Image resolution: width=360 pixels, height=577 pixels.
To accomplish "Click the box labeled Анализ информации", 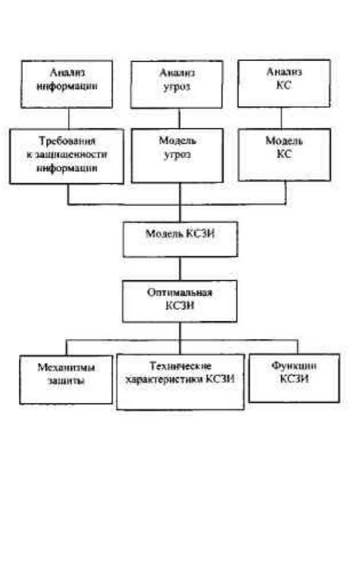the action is click(67, 84).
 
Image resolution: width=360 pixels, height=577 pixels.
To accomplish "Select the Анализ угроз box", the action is click(176, 84).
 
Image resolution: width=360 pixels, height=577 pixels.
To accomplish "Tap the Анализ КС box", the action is click(284, 83).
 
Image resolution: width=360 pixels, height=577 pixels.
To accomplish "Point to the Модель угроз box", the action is click(177, 156).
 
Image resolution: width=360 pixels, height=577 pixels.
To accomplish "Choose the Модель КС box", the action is click(284, 155).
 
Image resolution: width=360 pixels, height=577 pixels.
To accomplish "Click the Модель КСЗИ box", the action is click(180, 239).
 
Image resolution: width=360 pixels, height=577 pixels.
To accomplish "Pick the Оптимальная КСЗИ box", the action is click(180, 301).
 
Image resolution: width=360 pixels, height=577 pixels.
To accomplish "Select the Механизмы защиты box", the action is click(66, 380).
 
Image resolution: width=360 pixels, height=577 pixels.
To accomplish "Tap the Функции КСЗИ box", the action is click(294, 378).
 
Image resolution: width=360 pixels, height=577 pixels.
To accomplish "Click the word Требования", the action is click(67, 141).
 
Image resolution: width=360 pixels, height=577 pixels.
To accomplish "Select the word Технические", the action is click(180, 366).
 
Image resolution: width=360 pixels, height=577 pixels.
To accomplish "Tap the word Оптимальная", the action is click(180, 293).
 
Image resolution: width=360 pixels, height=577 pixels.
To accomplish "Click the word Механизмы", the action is click(66, 368).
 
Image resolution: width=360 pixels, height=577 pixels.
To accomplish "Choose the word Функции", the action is click(294, 366).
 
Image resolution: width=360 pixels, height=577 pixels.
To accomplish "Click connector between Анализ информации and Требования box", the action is click(68, 119).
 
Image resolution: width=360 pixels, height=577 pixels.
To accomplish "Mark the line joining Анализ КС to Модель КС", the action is click(282, 118).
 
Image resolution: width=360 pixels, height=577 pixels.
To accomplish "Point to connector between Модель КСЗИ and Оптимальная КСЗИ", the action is click(180, 269).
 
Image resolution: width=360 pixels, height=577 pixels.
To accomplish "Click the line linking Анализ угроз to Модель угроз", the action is click(180, 119).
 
